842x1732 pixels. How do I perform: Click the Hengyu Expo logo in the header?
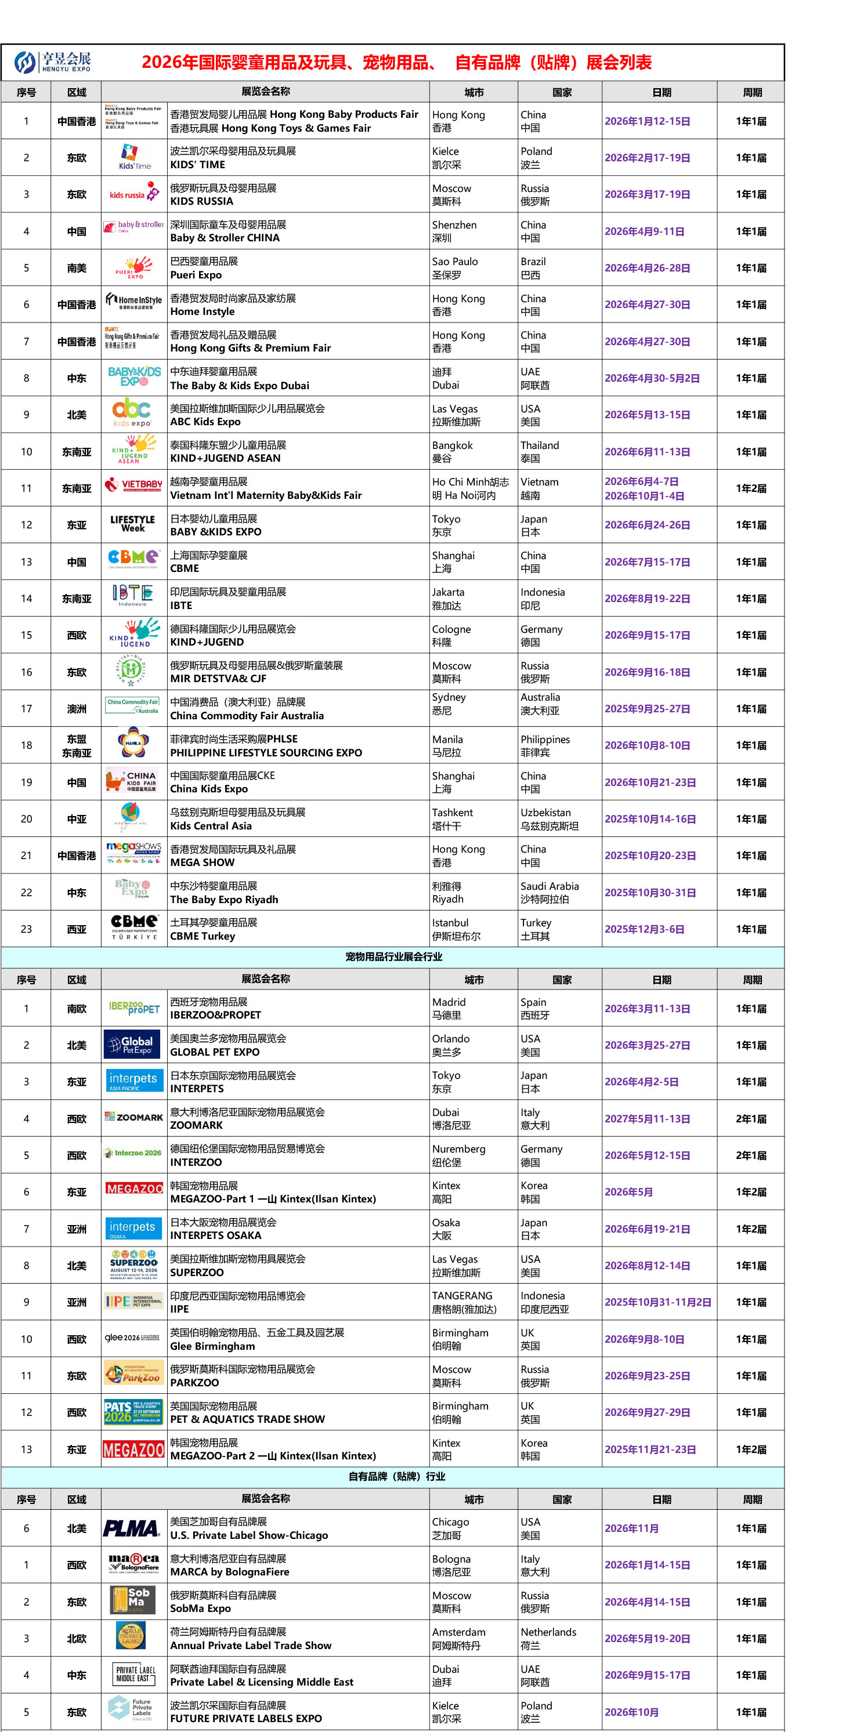(52, 62)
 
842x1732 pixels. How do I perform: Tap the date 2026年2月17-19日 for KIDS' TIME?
(647, 158)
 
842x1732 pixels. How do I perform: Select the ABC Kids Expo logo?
(132, 414)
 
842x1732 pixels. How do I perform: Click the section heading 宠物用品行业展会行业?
(393, 956)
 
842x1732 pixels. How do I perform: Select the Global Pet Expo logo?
(132, 1044)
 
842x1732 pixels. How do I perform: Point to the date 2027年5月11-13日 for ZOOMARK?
(647, 1119)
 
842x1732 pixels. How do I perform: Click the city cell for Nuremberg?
(458, 1155)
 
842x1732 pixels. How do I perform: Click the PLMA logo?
(132, 1528)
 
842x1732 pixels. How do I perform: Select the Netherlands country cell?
(548, 1638)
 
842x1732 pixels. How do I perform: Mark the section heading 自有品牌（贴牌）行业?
(397, 1476)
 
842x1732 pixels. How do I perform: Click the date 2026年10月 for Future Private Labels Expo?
(631, 1712)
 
